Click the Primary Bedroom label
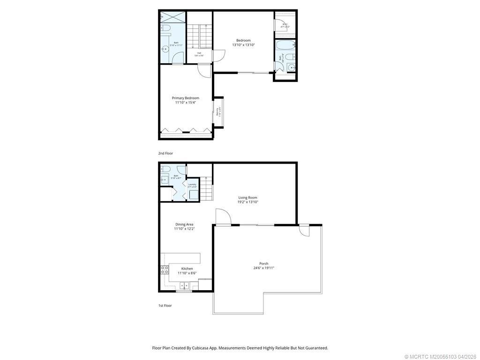coord(185,98)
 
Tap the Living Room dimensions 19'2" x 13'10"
coord(248,202)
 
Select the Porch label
coord(263,263)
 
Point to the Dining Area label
coord(184,225)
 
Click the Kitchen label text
coord(184,269)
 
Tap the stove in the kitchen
coord(165,270)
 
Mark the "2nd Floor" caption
coord(165,153)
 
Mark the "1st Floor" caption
coord(165,306)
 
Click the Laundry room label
coord(192,184)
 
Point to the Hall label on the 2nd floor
coord(199,53)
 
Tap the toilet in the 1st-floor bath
coord(165,169)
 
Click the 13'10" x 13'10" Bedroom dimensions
coord(243,45)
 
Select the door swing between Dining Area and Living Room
coord(223,217)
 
